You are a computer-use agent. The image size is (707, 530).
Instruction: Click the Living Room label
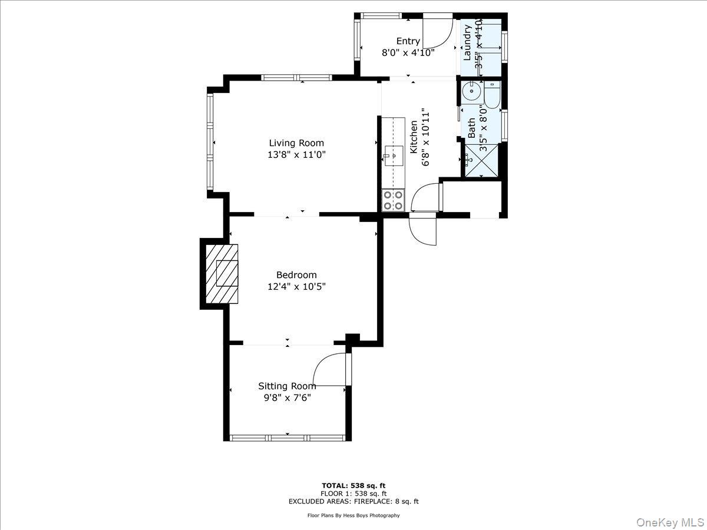(x=296, y=143)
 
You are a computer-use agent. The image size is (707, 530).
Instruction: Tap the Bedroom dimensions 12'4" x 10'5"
(x=296, y=287)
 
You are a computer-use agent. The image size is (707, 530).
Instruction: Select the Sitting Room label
(x=287, y=386)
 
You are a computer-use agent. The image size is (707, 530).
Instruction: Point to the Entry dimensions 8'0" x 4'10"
(x=408, y=52)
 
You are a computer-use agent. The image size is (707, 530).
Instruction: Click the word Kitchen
(x=414, y=135)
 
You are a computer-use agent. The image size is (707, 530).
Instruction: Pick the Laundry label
(x=468, y=43)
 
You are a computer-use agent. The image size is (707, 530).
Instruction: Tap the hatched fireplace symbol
(x=222, y=273)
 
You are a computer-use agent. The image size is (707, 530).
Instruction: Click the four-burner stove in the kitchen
(x=393, y=200)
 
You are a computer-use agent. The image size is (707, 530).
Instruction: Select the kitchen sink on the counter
(x=394, y=156)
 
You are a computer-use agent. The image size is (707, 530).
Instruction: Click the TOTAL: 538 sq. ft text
(x=353, y=485)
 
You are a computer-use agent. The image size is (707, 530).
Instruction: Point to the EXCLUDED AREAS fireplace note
(x=353, y=502)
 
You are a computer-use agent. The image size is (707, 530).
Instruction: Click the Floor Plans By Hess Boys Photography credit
(x=353, y=515)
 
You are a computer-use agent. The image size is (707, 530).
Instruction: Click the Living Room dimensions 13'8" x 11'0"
(x=296, y=155)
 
